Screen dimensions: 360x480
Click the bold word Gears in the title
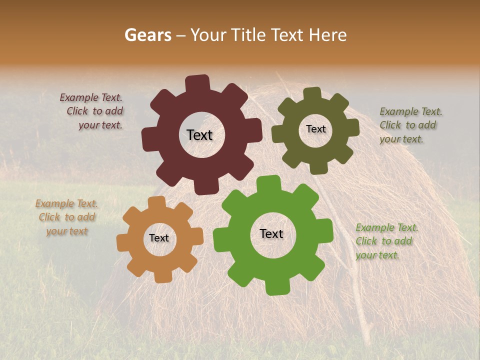click(147, 35)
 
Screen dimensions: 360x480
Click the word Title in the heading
click(250, 35)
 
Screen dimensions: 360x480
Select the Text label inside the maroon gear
click(199, 135)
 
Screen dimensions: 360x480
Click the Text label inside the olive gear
click(315, 129)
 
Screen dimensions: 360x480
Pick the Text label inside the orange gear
click(159, 238)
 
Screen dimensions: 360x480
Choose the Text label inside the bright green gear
click(271, 234)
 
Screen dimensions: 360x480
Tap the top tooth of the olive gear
click(312, 94)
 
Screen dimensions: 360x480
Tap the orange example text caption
click(66, 217)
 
